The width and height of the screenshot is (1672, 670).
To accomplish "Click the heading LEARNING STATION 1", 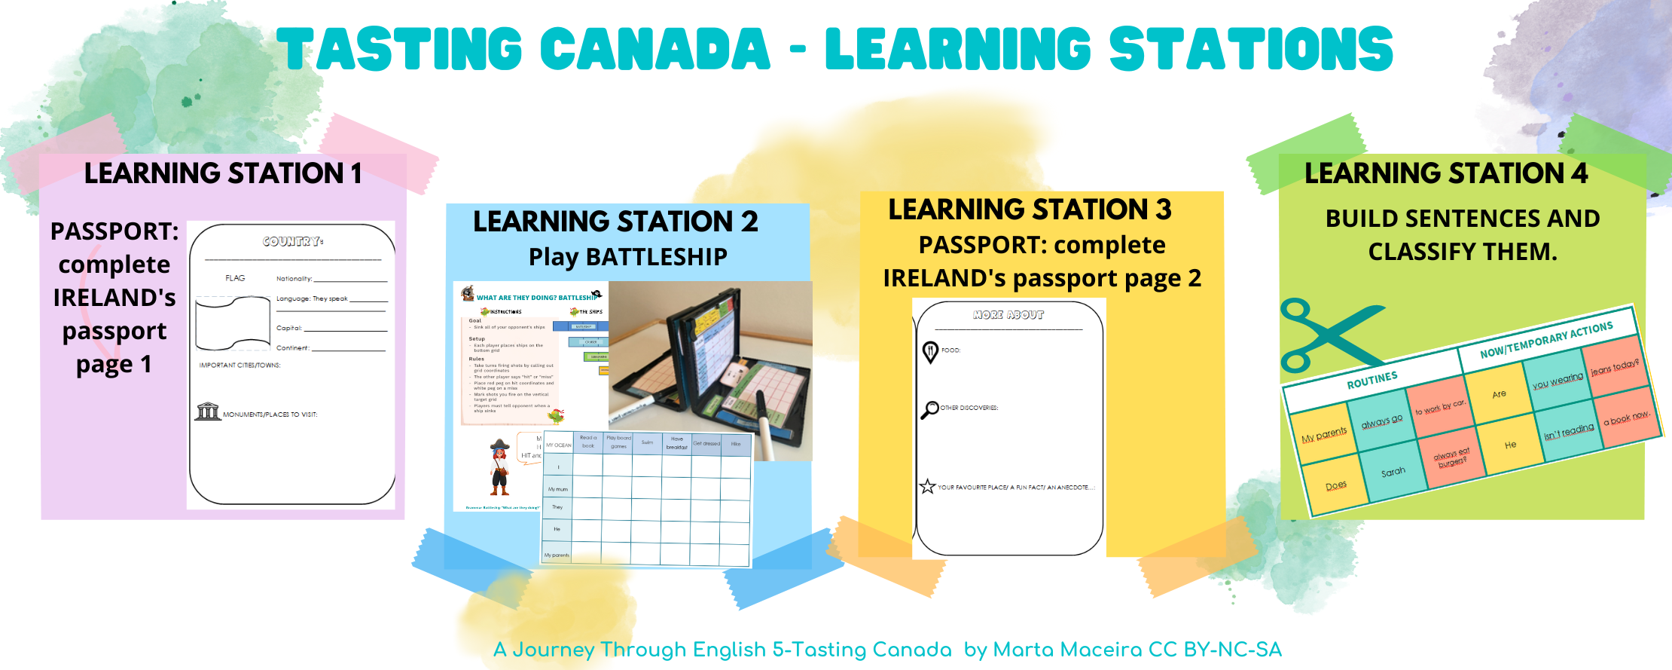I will point(223,173).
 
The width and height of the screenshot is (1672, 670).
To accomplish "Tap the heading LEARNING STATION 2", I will point(615,222).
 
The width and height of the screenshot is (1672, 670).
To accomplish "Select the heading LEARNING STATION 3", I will point(1030,210).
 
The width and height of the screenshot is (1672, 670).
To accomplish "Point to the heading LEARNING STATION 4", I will point(1446,173).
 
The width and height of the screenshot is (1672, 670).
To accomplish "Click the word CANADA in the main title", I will point(655,49).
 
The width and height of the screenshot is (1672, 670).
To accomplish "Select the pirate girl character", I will point(499,467).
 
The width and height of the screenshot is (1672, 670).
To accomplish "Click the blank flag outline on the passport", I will point(233,323).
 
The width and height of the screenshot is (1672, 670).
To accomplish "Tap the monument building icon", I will point(208,411).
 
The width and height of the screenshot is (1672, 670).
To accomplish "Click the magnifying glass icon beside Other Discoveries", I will point(930,409).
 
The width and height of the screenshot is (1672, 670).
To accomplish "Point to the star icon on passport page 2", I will point(928,487).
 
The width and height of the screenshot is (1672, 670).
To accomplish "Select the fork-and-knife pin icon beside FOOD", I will point(931,352).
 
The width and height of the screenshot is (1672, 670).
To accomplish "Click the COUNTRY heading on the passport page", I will point(292,241).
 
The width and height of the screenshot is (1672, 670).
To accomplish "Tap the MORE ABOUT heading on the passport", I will point(1008,315).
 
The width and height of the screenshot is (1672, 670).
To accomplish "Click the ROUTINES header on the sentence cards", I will point(1371,380).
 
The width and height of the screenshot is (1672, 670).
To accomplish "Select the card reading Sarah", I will point(1393,473).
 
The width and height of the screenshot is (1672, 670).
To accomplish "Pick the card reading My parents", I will point(1324,433).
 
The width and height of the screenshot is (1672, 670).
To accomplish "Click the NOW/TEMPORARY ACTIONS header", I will point(1546,340).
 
